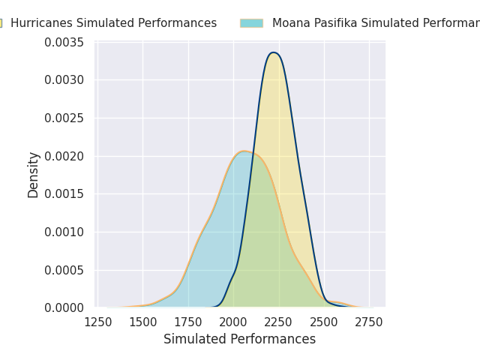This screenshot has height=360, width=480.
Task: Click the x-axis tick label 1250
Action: tap(97, 322)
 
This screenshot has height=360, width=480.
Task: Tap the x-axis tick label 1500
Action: tap(142, 322)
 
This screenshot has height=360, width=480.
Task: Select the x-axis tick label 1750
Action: tap(188, 322)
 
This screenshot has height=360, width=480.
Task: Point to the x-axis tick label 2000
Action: tap(233, 322)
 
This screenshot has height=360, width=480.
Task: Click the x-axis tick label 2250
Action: tap(279, 322)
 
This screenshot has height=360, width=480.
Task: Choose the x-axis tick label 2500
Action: tap(324, 322)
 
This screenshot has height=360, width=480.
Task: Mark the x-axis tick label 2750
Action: tap(370, 322)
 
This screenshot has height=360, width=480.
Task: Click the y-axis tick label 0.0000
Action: tap(64, 307)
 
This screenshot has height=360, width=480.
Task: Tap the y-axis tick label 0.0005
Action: tap(64, 270)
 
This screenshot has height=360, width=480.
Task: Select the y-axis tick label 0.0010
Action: tap(64, 232)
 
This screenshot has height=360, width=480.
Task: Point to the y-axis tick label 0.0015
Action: tap(64, 193)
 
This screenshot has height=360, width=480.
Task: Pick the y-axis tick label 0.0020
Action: tap(64, 156)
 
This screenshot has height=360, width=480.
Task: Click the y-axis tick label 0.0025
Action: tap(64, 118)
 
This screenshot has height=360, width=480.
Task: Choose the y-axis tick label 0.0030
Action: tap(64, 79)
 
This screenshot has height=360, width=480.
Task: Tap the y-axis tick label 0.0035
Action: tap(64, 42)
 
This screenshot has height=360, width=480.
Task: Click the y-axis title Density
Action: tap(34, 175)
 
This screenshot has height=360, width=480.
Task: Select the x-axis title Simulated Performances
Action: tap(240, 340)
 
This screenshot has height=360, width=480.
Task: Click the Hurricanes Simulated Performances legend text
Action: tap(113, 23)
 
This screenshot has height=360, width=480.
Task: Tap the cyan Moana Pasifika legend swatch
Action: tap(251, 23)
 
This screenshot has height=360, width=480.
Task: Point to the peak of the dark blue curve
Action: tap(274, 52)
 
